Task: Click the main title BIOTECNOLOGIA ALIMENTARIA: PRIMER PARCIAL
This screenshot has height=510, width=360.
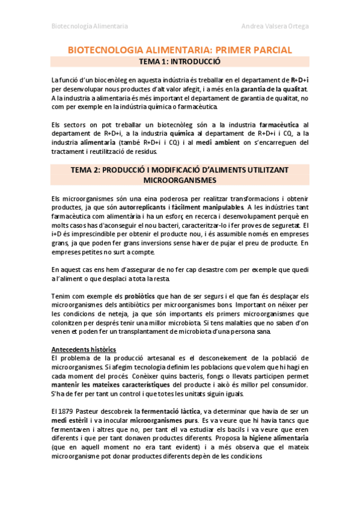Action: tap(180, 50)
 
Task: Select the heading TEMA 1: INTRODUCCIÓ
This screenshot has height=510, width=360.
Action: tap(180, 61)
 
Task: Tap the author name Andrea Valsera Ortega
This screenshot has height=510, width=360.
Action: tap(275, 26)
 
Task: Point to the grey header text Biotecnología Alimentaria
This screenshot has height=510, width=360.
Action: tap(90, 26)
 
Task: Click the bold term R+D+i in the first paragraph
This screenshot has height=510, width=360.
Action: tap(299, 79)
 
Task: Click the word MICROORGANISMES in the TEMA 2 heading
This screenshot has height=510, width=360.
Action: tap(180, 180)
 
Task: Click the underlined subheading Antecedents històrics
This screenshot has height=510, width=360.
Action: tap(84, 349)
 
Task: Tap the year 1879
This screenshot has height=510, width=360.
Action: tap(70, 411)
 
